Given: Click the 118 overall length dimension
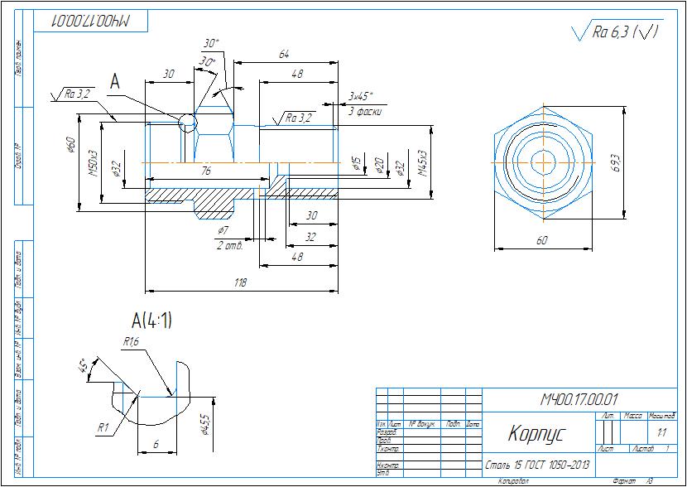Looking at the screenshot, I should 241,283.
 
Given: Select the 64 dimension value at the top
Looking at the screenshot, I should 285,55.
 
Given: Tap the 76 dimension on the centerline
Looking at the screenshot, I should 204,171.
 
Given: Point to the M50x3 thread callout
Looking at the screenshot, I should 94,162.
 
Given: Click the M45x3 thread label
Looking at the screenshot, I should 422,162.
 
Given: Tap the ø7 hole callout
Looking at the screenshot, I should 223,229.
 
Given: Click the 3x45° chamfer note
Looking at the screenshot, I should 361,96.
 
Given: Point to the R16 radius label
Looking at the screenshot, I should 131,341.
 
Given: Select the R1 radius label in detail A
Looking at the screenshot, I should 104,427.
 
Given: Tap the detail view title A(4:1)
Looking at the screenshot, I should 152,320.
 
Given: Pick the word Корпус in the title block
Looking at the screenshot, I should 536,433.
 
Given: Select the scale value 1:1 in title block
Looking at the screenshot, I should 661,432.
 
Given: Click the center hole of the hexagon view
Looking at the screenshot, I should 543,161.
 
